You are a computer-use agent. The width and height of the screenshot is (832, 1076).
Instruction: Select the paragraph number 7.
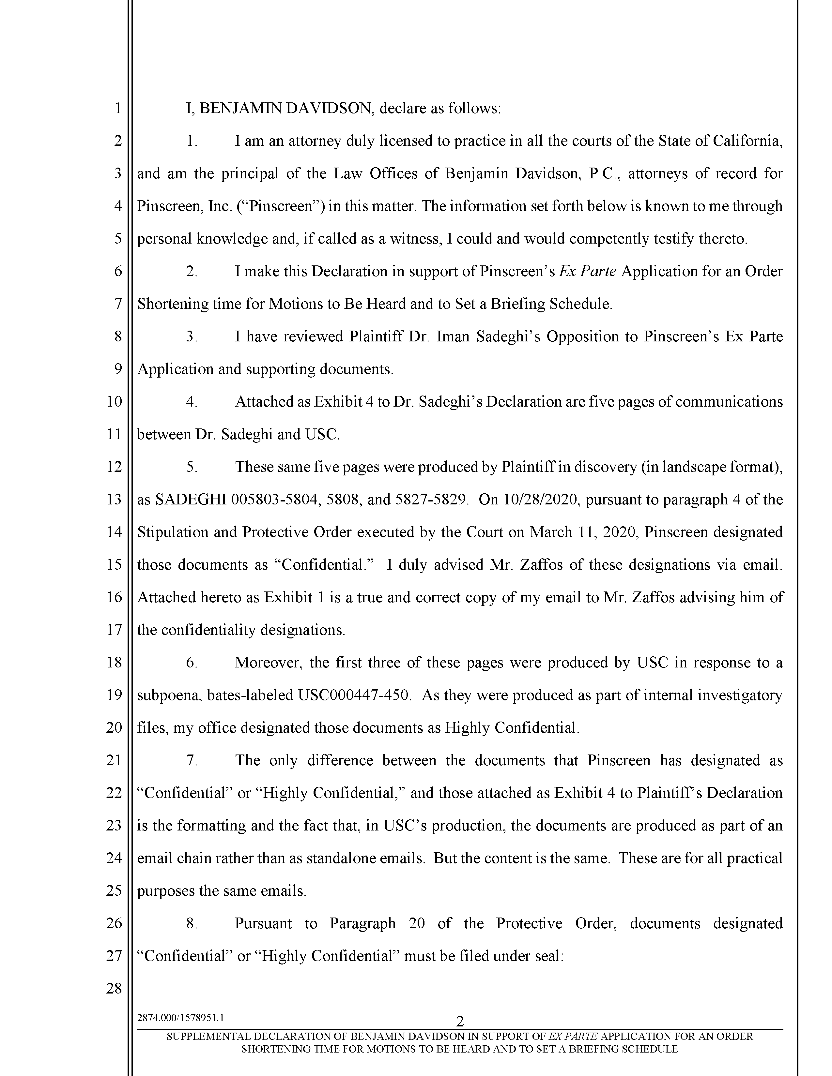[x=192, y=760]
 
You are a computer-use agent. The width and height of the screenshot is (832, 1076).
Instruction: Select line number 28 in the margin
[x=114, y=988]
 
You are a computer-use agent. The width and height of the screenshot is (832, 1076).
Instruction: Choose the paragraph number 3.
[x=192, y=336]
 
